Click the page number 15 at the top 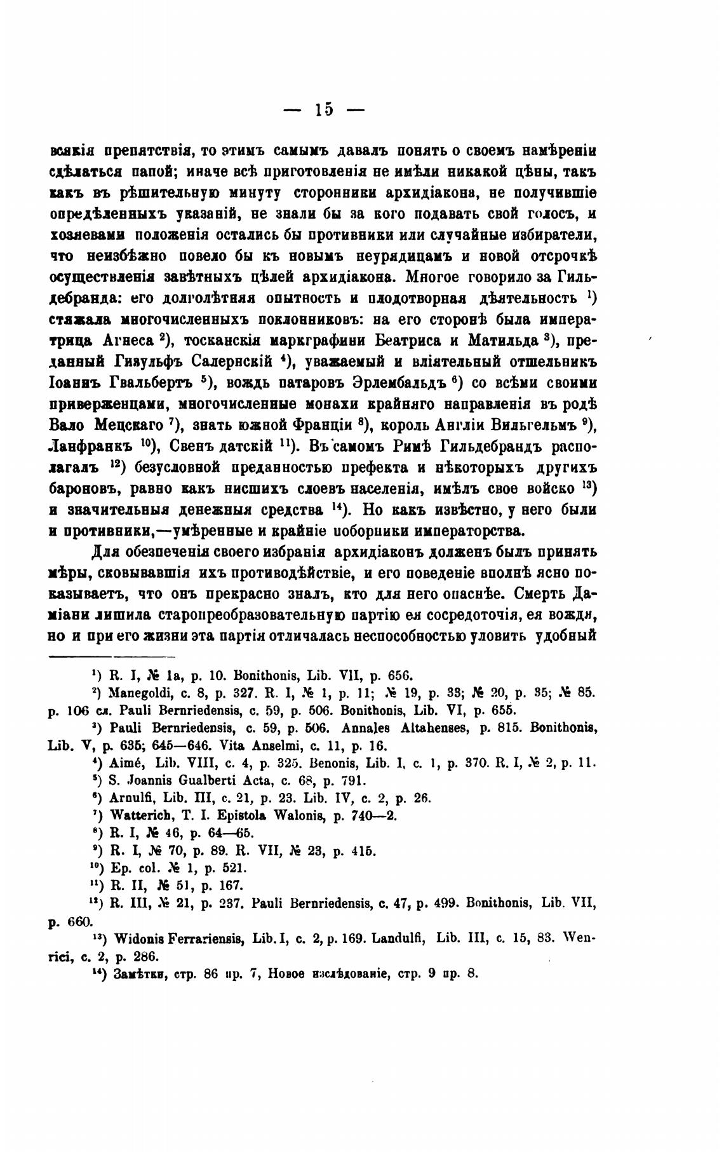[323, 109]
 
